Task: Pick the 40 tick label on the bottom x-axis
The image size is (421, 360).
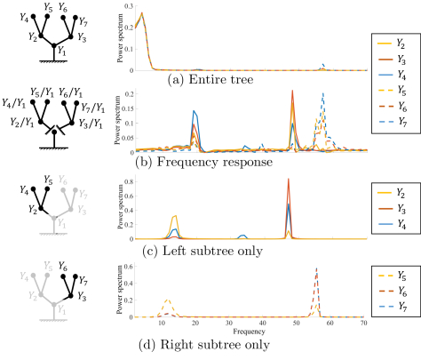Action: click(262, 324)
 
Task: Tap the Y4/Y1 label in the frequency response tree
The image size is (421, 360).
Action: click(13, 103)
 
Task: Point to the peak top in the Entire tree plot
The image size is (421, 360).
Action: click(142, 13)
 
